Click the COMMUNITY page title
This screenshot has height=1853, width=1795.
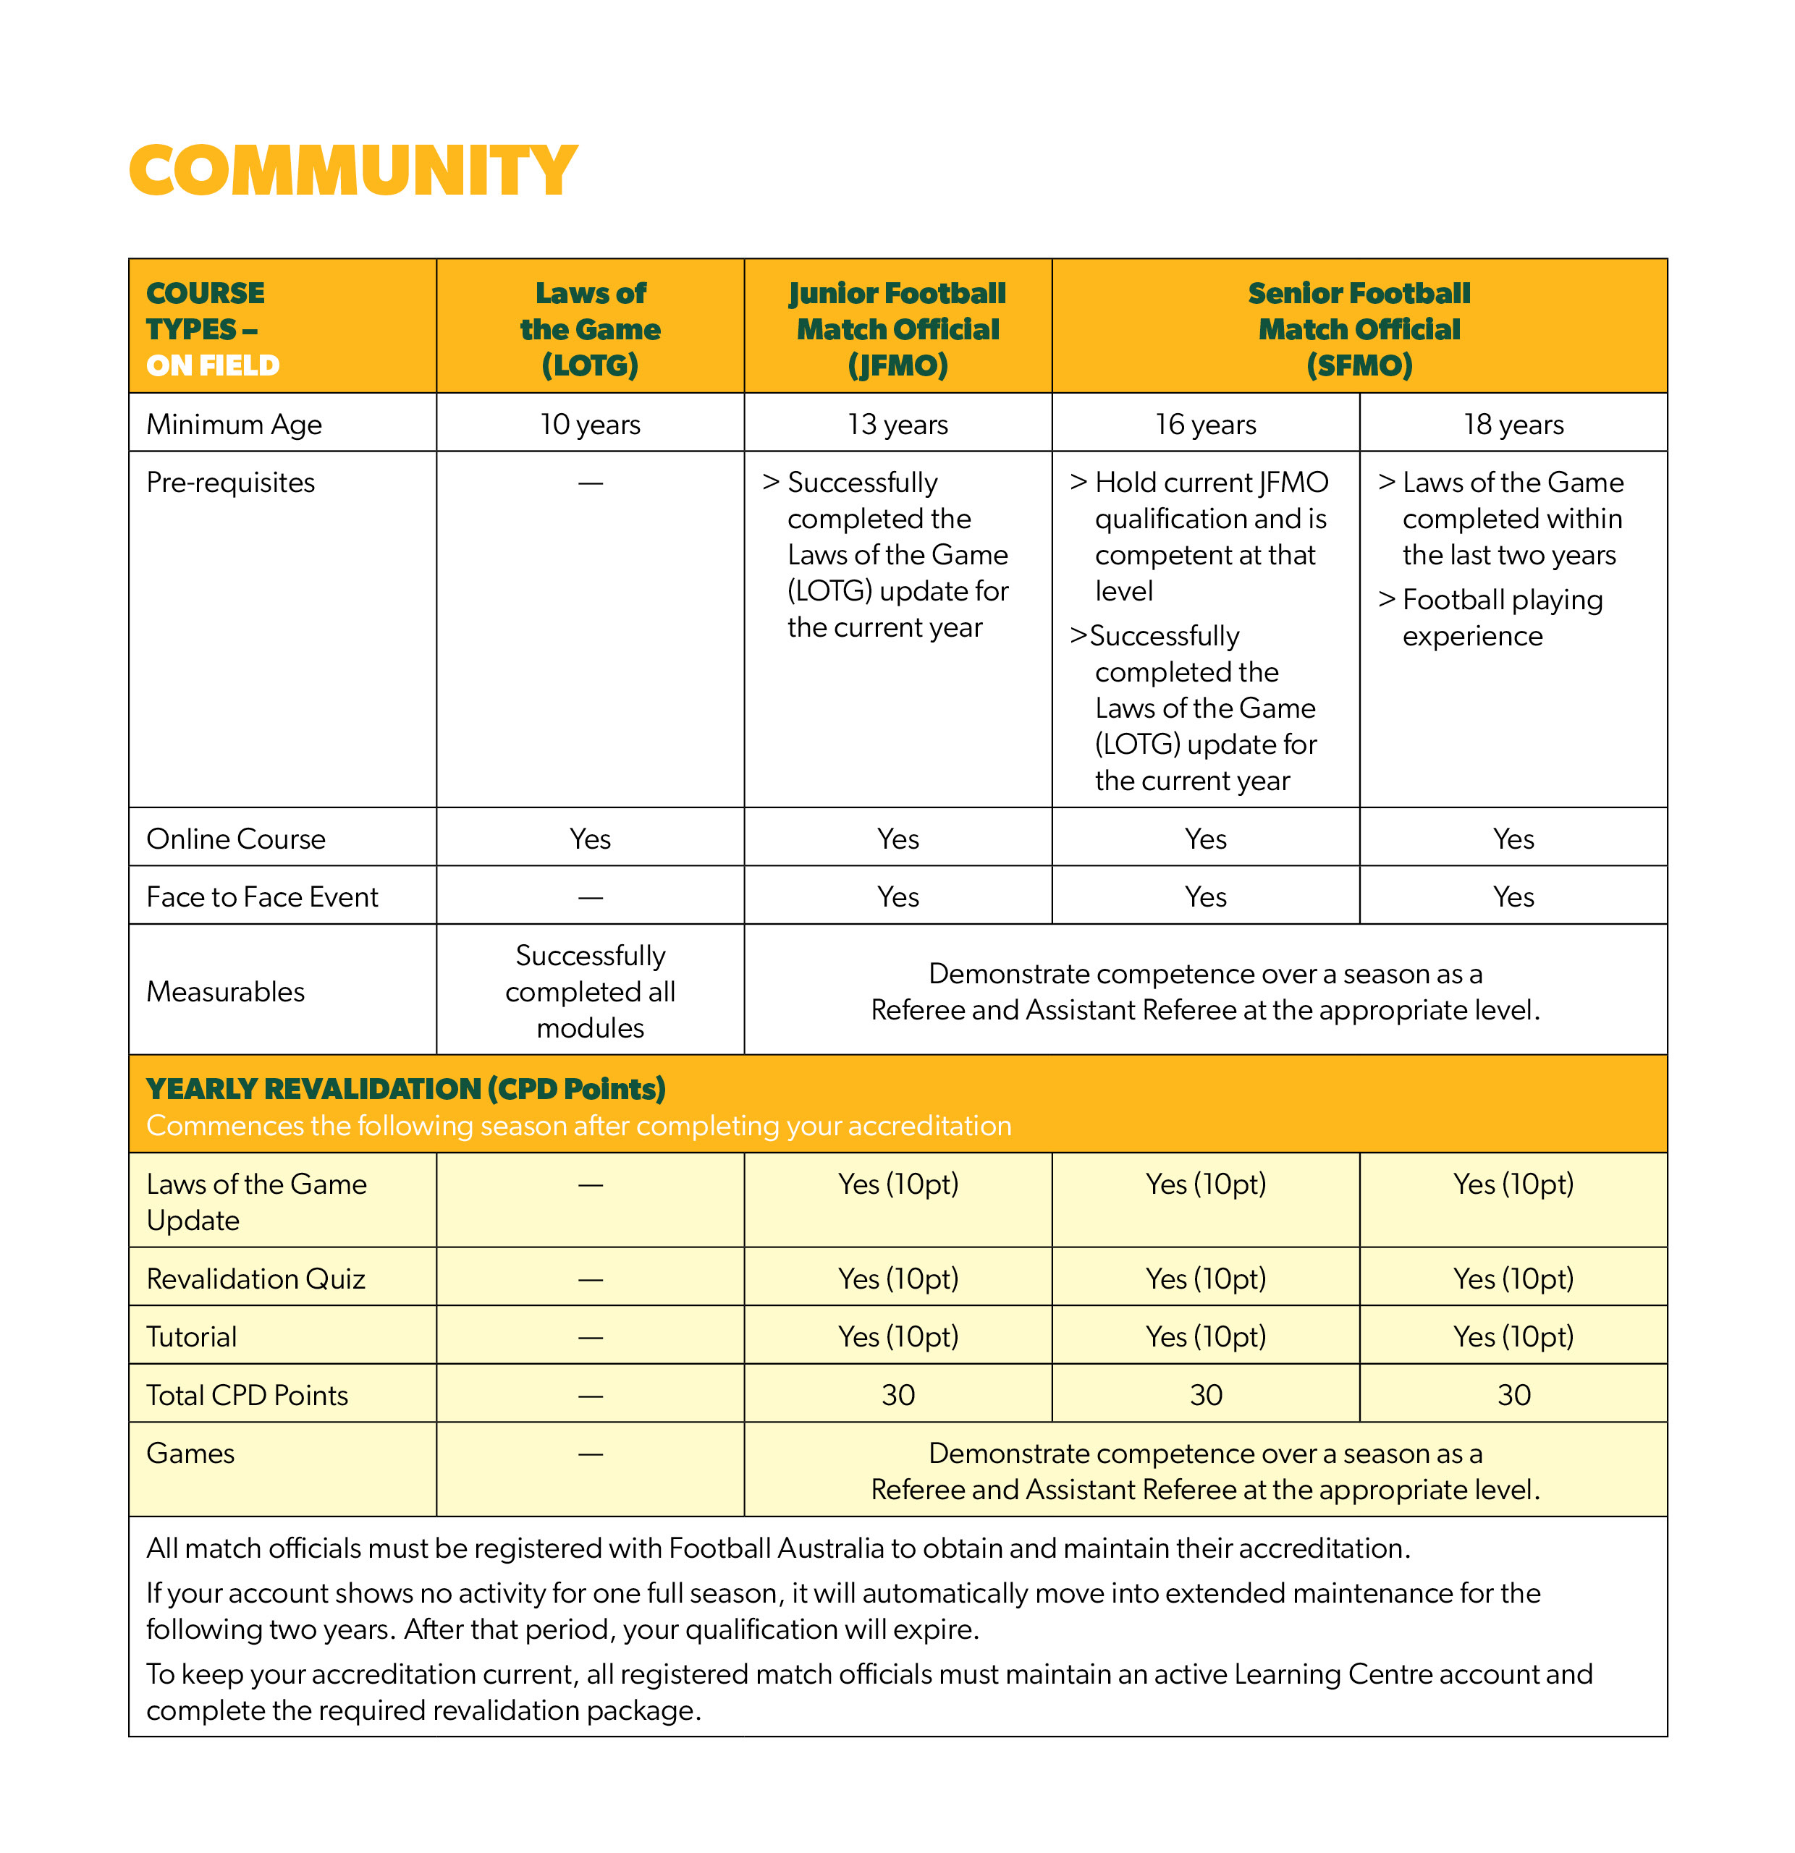tap(352, 171)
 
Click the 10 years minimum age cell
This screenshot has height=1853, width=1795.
tap(590, 425)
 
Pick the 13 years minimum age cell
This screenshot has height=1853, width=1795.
tap(897, 425)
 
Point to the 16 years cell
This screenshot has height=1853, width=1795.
tap(1205, 425)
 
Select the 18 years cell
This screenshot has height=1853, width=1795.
tap(1513, 425)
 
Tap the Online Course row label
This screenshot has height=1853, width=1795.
tap(235, 839)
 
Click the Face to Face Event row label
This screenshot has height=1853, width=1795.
tap(262, 896)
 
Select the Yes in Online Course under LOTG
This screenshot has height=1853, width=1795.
tap(590, 839)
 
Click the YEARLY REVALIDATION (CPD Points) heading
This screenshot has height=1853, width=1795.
tap(406, 1089)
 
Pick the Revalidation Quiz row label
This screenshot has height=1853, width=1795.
tap(255, 1279)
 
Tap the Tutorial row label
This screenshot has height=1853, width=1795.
tap(192, 1337)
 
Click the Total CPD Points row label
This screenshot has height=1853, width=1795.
tap(247, 1396)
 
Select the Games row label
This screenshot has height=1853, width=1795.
tap(190, 1453)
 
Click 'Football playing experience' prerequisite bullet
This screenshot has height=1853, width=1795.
tap(1502, 617)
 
